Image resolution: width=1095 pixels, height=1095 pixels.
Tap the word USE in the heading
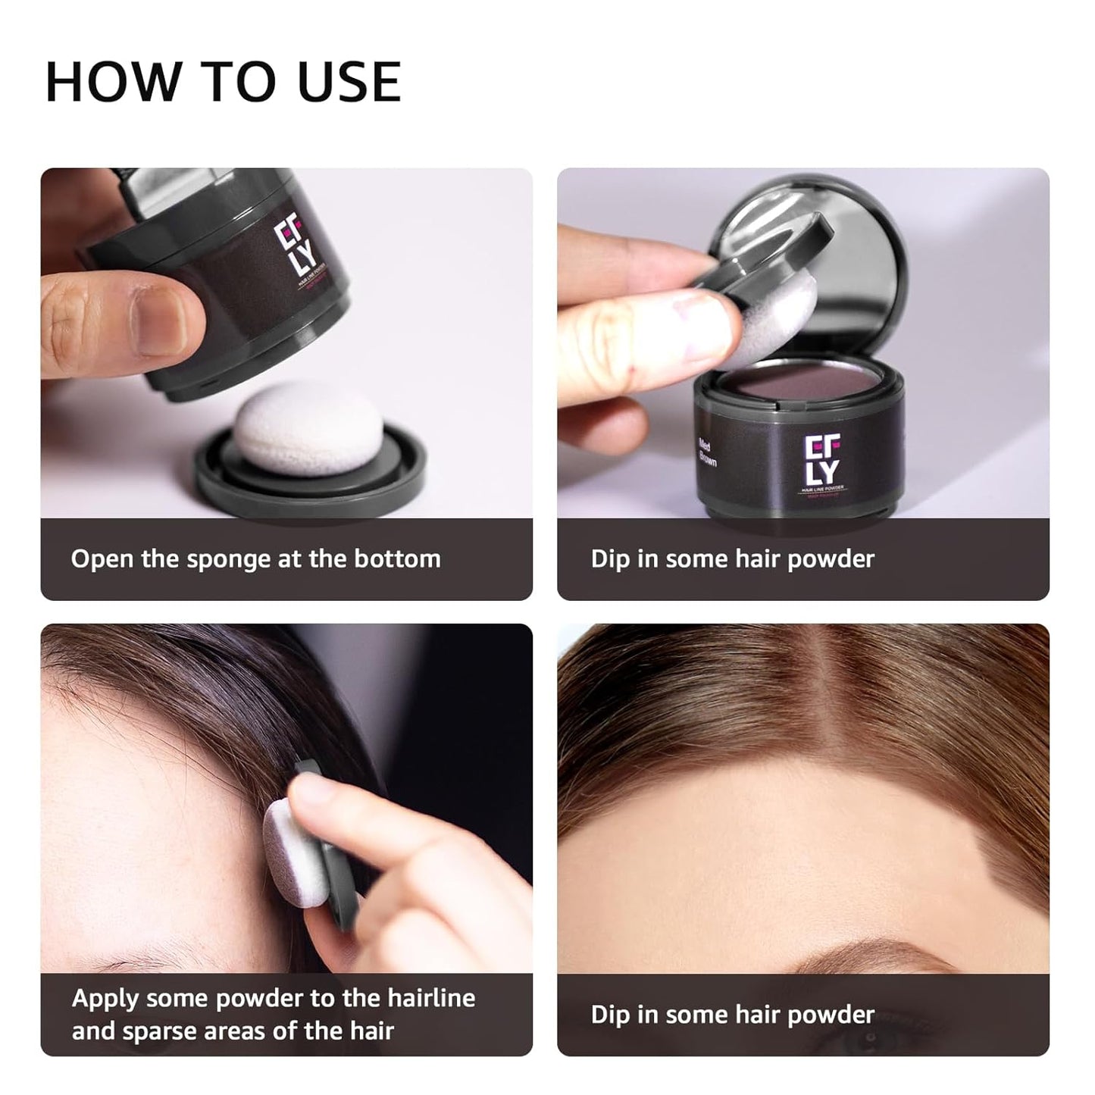(349, 81)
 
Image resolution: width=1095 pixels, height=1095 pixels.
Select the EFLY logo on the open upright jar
(821, 461)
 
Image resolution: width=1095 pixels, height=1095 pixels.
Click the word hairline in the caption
(431, 998)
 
